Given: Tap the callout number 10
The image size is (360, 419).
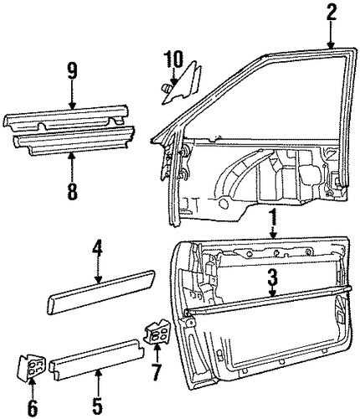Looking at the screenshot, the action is [x=173, y=59].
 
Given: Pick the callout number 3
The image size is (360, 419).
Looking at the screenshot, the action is [x=272, y=277].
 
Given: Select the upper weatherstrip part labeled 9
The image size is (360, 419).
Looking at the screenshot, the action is [x=67, y=119].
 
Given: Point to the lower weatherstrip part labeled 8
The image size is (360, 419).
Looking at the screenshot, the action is [x=74, y=142].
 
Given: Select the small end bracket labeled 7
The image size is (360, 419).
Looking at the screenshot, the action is [x=157, y=333].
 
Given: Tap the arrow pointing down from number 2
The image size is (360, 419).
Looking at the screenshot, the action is [x=331, y=34].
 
